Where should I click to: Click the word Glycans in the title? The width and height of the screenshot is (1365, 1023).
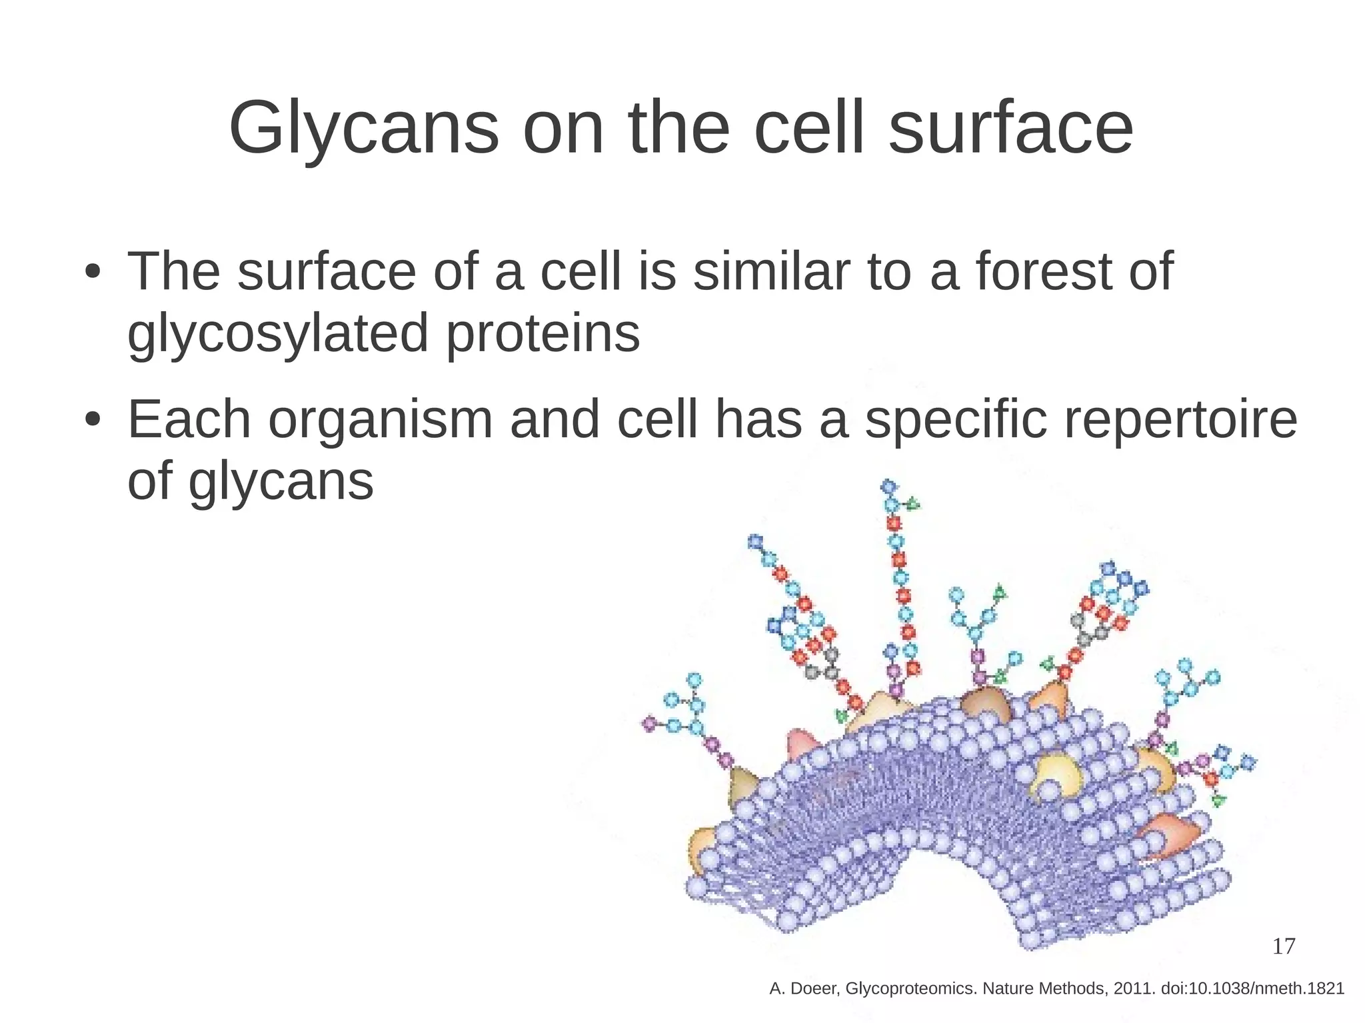(363, 128)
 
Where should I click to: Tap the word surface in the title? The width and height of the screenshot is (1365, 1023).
(1010, 128)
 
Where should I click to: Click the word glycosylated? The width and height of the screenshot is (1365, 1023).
(278, 333)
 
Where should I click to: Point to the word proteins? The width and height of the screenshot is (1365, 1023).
(543, 333)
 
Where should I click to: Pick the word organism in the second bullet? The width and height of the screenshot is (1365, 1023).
(381, 420)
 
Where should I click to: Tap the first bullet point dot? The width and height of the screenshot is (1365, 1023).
(93, 273)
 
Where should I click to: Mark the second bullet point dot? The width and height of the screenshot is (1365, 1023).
(93, 421)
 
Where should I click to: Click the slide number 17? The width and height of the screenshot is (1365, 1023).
(1284, 946)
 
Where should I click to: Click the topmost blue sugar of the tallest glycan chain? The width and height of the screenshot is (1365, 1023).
(889, 487)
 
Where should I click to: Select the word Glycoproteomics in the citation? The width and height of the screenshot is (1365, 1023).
(910, 989)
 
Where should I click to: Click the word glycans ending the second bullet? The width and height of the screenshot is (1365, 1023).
(281, 481)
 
